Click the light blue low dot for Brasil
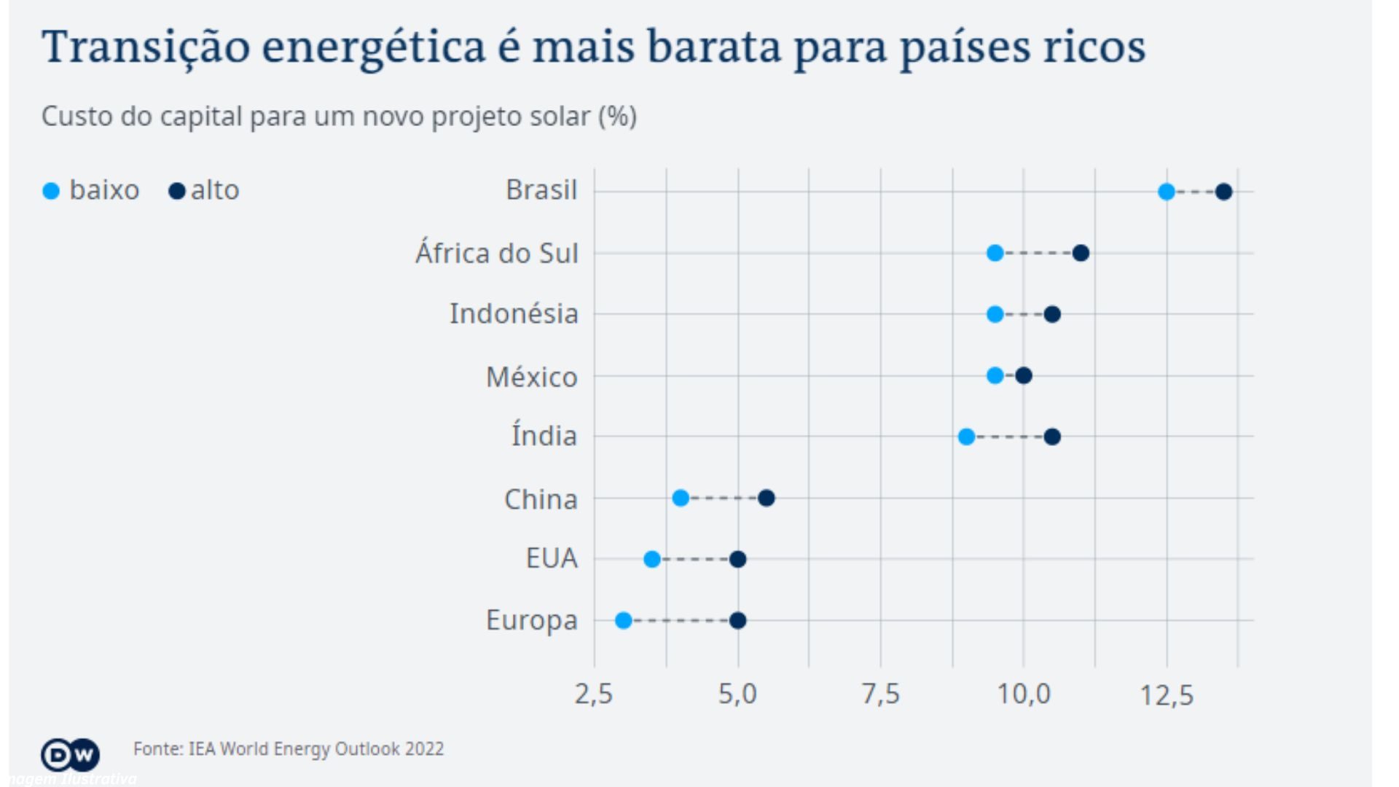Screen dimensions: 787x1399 [1166, 192]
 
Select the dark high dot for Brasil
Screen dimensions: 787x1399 [1223, 192]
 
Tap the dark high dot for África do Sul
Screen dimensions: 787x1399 [1081, 254]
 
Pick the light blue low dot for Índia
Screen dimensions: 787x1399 [966, 437]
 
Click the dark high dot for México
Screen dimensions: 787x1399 [1023, 376]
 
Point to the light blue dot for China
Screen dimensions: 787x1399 [680, 498]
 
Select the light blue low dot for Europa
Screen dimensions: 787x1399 [623, 621]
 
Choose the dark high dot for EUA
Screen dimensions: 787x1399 [737, 560]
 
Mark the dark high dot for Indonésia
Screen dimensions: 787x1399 [1051, 315]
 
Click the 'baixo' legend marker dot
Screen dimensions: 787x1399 [51, 192]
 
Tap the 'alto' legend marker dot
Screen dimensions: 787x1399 [176, 192]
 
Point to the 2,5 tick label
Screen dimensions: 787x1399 [593, 694]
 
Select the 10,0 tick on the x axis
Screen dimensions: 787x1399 [1023, 694]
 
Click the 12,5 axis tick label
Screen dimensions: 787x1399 [1166, 695]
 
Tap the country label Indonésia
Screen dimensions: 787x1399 [514, 314]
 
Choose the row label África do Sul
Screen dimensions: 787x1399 [496, 254]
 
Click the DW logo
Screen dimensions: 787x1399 [70, 755]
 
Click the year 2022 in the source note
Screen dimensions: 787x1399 [424, 749]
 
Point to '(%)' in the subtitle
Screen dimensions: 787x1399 [617, 117]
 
